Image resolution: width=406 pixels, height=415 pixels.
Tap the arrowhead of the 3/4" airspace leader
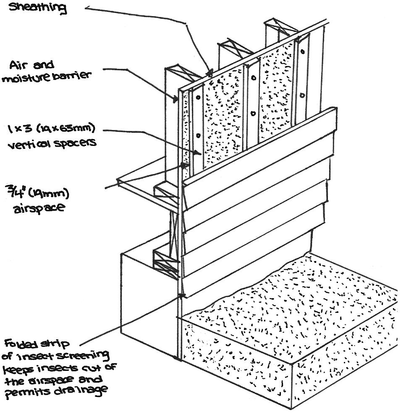(184, 165)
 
